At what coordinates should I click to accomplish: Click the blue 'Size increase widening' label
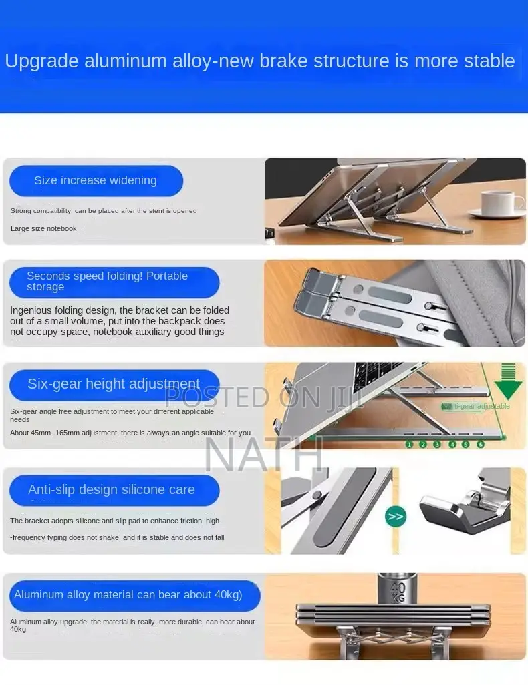96,180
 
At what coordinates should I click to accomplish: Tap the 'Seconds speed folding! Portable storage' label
114,282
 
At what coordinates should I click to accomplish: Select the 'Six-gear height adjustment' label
114,384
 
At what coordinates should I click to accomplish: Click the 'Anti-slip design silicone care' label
112,490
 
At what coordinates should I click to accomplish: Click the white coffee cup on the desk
501,203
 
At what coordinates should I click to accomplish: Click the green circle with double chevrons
395,516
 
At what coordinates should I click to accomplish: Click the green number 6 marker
480,444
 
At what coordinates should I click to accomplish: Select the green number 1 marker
409,444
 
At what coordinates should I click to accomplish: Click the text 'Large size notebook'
43,228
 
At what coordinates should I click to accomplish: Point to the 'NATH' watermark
263,456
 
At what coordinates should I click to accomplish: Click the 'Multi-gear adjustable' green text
476,406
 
